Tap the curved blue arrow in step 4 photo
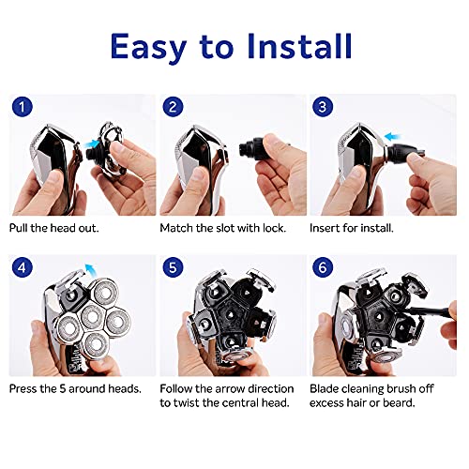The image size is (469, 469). (88, 270)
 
